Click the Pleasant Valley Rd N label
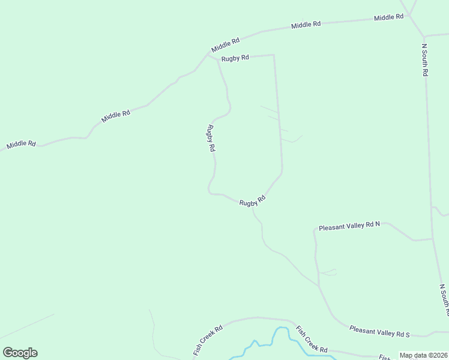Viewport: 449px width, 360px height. pyautogui.click(x=349, y=227)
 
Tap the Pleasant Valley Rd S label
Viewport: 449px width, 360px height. pyautogui.click(x=379, y=331)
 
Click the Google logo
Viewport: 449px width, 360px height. pyautogui.click(x=20, y=353)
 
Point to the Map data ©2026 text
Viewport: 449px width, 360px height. pyautogui.click(x=423, y=355)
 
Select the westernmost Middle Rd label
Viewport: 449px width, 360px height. pyautogui.click(x=21, y=145)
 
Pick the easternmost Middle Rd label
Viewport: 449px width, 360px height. pyautogui.click(x=388, y=17)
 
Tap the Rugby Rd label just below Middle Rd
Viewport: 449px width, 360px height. pyautogui.click(x=235, y=58)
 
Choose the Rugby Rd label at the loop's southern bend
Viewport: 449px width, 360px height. pyautogui.click(x=252, y=202)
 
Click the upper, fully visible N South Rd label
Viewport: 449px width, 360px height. pyautogui.click(x=424, y=59)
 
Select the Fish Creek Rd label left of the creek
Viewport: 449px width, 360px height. pyautogui.click(x=208, y=340)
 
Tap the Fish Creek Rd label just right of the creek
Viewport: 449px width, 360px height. pyautogui.click(x=312, y=340)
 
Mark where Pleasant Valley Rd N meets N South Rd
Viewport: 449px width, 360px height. pyautogui.click(x=432, y=238)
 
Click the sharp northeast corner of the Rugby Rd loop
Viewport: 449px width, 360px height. pyautogui.click(x=274, y=55)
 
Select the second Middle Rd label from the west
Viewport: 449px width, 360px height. pyautogui.click(x=116, y=116)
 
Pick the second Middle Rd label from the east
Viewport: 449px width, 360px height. pyautogui.click(x=306, y=25)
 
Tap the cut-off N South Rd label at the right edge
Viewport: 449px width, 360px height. pyautogui.click(x=444, y=300)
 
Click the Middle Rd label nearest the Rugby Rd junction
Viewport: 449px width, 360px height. pyautogui.click(x=225, y=44)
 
